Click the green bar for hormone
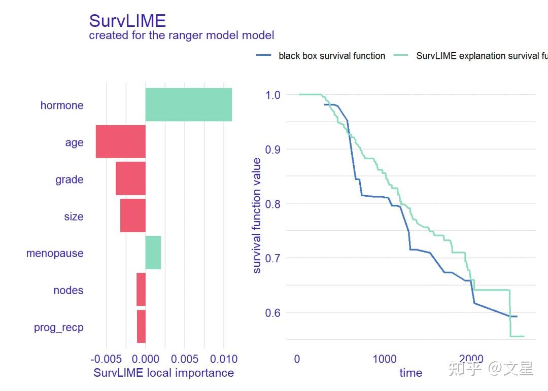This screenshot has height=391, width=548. click(188, 104)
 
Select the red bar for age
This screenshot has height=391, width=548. click(121, 141)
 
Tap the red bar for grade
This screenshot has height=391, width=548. click(130, 179)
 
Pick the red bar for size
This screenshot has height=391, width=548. click(132, 216)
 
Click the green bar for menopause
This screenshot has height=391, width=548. click(153, 253)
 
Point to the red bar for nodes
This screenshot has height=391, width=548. click(141, 290)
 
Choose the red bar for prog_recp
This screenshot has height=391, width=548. click(141, 327)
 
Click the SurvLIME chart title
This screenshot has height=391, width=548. click(127, 21)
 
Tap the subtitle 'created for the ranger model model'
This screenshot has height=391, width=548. click(181, 35)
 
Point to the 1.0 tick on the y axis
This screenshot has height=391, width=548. click(273, 95)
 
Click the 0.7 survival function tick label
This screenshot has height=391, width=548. click(273, 258)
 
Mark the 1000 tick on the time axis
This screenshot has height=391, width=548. click(385, 360)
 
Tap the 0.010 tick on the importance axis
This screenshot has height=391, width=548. click(224, 360)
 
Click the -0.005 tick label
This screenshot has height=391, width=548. click(106, 360)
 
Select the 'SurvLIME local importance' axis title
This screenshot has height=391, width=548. click(164, 373)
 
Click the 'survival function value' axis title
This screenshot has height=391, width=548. click(257, 216)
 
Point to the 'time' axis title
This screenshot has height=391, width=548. click(410, 373)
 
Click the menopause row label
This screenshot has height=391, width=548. click(55, 253)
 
